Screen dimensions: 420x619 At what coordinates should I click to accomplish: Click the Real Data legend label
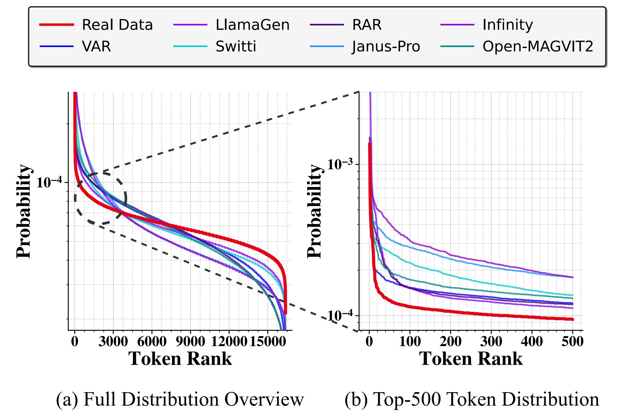click(x=117, y=25)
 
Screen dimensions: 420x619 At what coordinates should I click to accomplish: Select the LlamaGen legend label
click(x=252, y=25)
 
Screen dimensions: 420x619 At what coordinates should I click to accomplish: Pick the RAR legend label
click(x=367, y=25)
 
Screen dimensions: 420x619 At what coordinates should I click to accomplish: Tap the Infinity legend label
click(x=508, y=25)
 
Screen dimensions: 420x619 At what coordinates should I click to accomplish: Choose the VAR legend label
click(x=96, y=47)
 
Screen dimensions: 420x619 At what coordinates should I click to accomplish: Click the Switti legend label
click(x=236, y=47)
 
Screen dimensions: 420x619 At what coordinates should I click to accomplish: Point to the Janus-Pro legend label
click(x=386, y=47)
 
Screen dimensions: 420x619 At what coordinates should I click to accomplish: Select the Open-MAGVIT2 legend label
click(x=538, y=47)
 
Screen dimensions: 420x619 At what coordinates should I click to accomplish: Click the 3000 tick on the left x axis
click(x=113, y=341)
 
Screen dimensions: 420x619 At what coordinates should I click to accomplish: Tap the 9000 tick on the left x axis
click(x=190, y=341)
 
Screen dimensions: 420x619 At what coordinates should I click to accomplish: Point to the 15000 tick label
click(x=268, y=341)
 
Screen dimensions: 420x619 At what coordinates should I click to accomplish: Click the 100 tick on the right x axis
click(x=410, y=341)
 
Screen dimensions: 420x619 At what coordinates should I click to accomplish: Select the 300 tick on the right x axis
click(x=491, y=341)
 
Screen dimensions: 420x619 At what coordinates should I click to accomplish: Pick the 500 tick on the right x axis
click(x=573, y=341)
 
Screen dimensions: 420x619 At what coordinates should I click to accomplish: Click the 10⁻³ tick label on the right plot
click(x=340, y=165)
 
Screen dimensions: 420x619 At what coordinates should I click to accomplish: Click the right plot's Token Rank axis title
click(x=471, y=359)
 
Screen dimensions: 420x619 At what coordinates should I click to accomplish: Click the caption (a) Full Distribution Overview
click(x=180, y=400)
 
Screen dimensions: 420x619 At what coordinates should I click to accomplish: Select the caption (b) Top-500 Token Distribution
click(x=472, y=400)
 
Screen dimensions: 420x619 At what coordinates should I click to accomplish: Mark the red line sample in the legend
click(x=57, y=25)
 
